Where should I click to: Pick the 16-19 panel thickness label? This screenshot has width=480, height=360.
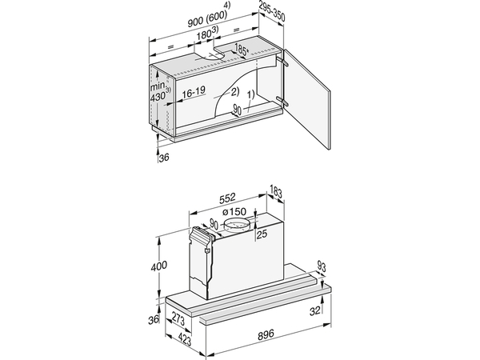click(x=192, y=93)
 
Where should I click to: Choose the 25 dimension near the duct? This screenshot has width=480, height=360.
click(x=260, y=234)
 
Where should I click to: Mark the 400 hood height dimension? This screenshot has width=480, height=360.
click(x=161, y=264)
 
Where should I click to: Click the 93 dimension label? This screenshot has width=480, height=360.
click(x=321, y=266)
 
